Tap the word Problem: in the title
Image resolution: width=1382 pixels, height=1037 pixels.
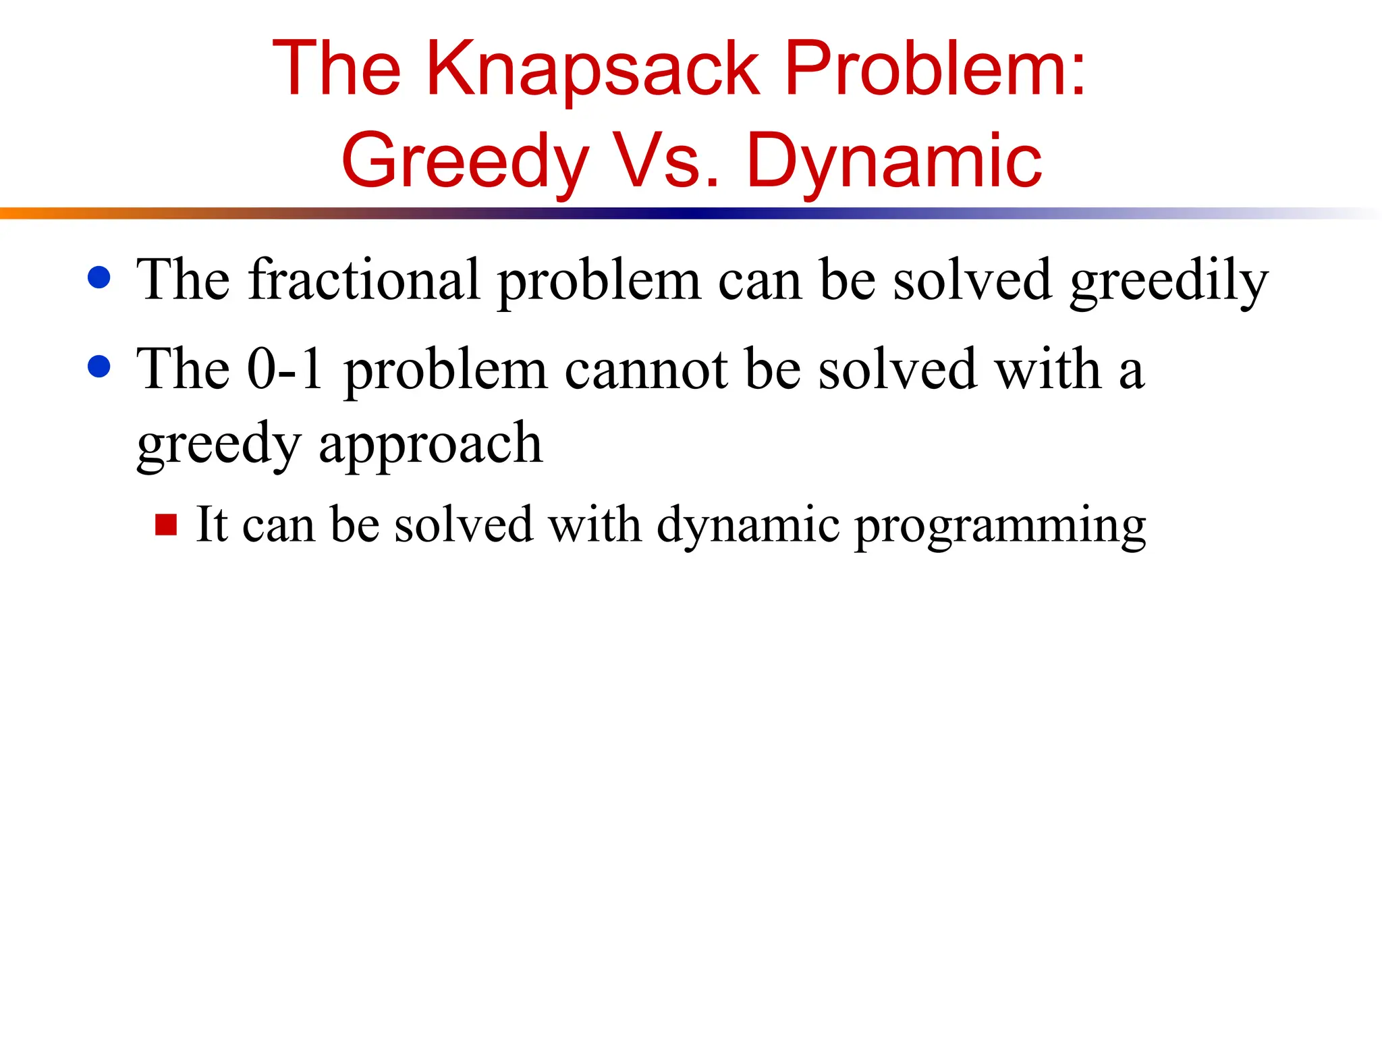[935, 70]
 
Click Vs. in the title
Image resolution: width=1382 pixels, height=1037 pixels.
[665, 162]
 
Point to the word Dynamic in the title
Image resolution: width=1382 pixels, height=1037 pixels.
[893, 162]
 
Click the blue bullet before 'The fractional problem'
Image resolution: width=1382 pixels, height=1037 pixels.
[99, 277]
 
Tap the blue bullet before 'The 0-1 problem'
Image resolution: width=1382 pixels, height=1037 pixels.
[99, 367]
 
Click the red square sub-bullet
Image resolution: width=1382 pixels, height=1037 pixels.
[166, 525]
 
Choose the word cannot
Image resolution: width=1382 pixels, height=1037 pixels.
[646, 369]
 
